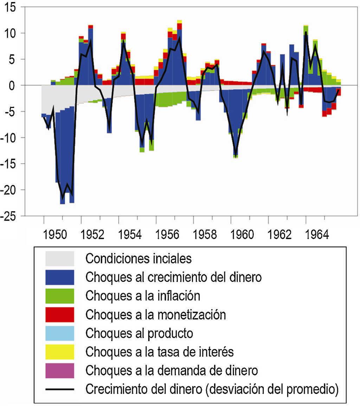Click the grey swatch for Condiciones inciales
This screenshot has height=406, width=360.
point(60,259)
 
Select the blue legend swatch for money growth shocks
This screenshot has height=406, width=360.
point(60,277)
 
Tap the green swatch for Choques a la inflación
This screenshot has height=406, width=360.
point(60,296)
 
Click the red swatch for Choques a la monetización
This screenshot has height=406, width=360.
point(60,315)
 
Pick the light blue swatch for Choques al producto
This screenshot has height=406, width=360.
point(60,333)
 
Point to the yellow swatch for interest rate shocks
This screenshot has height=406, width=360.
point(60,352)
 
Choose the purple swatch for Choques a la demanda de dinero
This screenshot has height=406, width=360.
point(60,370)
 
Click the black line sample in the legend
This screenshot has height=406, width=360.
point(60,389)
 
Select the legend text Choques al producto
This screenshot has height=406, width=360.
point(139,333)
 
